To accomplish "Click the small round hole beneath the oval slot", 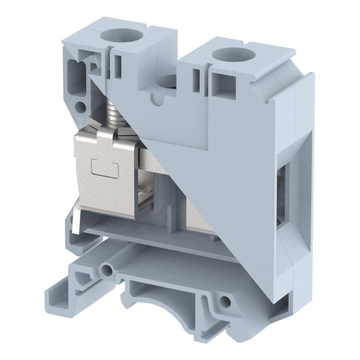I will point(81,107).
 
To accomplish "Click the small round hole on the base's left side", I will point(106,269).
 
